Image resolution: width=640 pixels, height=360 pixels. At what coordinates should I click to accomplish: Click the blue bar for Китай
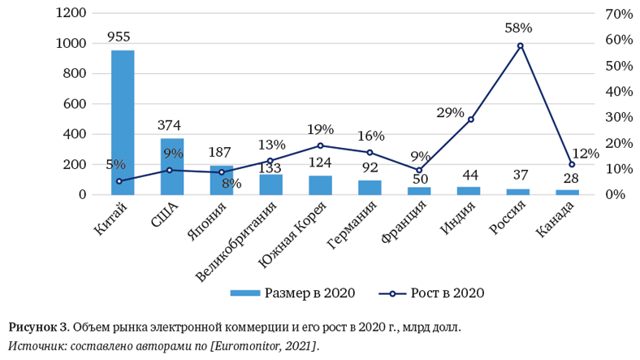click(x=123, y=122)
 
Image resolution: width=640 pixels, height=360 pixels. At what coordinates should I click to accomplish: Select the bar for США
click(x=172, y=167)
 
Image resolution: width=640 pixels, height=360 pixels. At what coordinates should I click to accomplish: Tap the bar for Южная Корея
click(x=320, y=185)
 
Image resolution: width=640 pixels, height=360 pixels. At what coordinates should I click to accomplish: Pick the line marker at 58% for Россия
click(x=520, y=46)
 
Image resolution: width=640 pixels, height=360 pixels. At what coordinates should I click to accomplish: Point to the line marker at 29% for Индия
click(x=470, y=119)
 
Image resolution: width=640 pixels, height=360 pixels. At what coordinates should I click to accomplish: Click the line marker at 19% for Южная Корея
click(x=320, y=146)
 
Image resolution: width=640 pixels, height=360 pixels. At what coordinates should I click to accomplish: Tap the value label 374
click(x=169, y=125)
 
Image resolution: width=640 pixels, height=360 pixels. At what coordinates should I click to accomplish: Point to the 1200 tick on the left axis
click(x=71, y=14)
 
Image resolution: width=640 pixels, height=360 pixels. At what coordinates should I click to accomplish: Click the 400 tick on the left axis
click(x=75, y=134)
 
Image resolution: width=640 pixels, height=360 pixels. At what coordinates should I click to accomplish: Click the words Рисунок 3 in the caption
click(x=38, y=328)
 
